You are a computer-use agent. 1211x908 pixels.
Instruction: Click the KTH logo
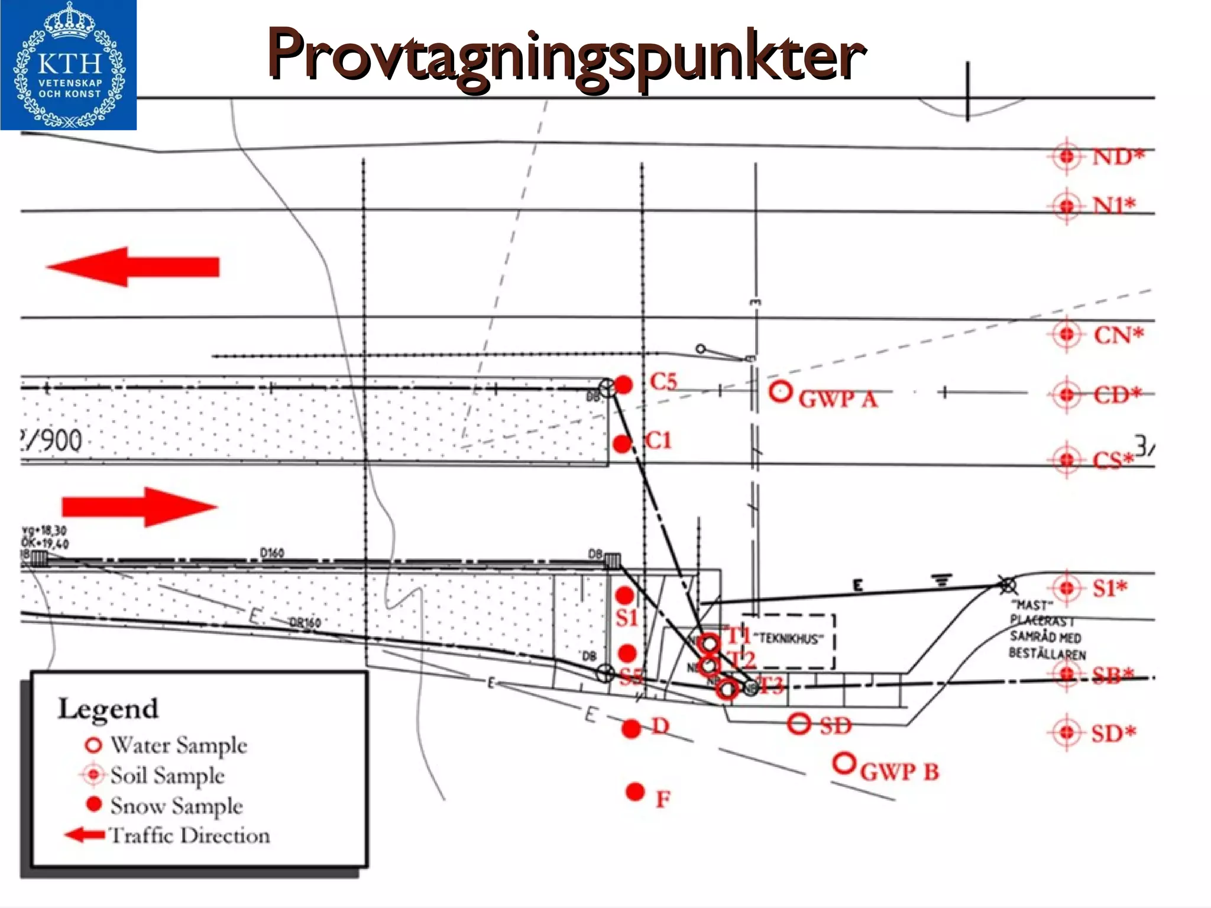tap(69, 65)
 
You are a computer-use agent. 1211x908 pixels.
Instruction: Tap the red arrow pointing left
tap(134, 267)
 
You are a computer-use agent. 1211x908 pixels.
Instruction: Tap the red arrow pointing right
tap(140, 507)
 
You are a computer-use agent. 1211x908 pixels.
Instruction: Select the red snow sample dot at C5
tap(624, 385)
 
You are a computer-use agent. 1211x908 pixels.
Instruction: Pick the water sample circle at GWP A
tap(781, 392)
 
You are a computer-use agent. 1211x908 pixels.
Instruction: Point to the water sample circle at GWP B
tap(844, 763)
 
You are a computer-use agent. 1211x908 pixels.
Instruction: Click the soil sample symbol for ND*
tap(1067, 157)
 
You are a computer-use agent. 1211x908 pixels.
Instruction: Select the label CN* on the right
tap(1118, 335)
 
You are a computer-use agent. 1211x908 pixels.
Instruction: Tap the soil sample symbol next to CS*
tap(1067, 459)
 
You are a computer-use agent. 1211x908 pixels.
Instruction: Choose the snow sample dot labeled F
tap(635, 792)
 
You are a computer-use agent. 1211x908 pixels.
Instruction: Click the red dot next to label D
tap(632, 729)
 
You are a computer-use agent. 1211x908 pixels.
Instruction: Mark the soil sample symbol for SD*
tap(1067, 732)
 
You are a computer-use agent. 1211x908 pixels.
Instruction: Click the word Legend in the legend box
tap(108, 709)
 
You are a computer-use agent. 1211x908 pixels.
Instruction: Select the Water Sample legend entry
tap(166, 745)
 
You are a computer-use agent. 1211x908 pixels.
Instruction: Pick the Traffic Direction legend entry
tap(168, 835)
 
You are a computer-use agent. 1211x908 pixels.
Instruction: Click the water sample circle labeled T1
tap(710, 643)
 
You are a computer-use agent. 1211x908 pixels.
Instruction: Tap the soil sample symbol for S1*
tap(1067, 588)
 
